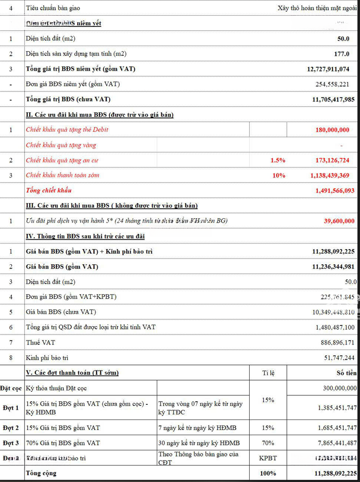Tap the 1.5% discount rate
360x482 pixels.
pyautogui.click(x=278, y=160)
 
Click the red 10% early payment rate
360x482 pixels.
pyautogui.click(x=279, y=175)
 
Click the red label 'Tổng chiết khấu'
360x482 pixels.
pyautogui.click(x=49, y=191)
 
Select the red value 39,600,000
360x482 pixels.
pyautogui.click(x=339, y=221)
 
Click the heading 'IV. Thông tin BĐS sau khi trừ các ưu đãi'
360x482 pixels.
pyautogui.click(x=85, y=236)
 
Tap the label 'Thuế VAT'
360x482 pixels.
pyautogui.click(x=39, y=342)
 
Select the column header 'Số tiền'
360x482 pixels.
pyautogui.click(x=347, y=373)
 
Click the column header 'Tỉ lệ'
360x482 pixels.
pyautogui.click(x=268, y=373)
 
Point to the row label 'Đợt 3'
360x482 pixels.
pyautogui.click(x=11, y=443)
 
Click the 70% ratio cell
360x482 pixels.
pyautogui.click(x=268, y=443)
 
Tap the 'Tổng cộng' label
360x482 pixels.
pyautogui.click(x=41, y=473)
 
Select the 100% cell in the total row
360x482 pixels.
pyautogui.click(x=268, y=473)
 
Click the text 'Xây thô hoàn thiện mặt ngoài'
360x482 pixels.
pyautogui.click(x=318, y=8)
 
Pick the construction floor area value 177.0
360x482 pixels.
pyautogui.click(x=342, y=54)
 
